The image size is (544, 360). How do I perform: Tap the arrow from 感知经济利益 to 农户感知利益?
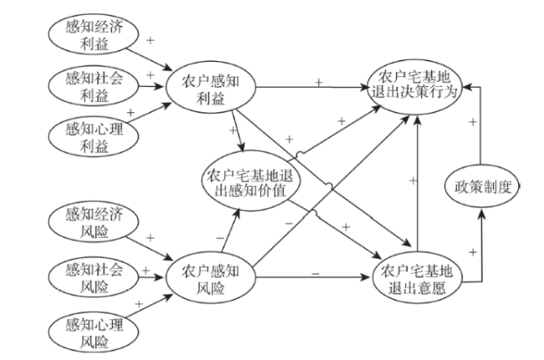152,53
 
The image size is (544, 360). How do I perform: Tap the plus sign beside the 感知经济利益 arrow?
151,39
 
